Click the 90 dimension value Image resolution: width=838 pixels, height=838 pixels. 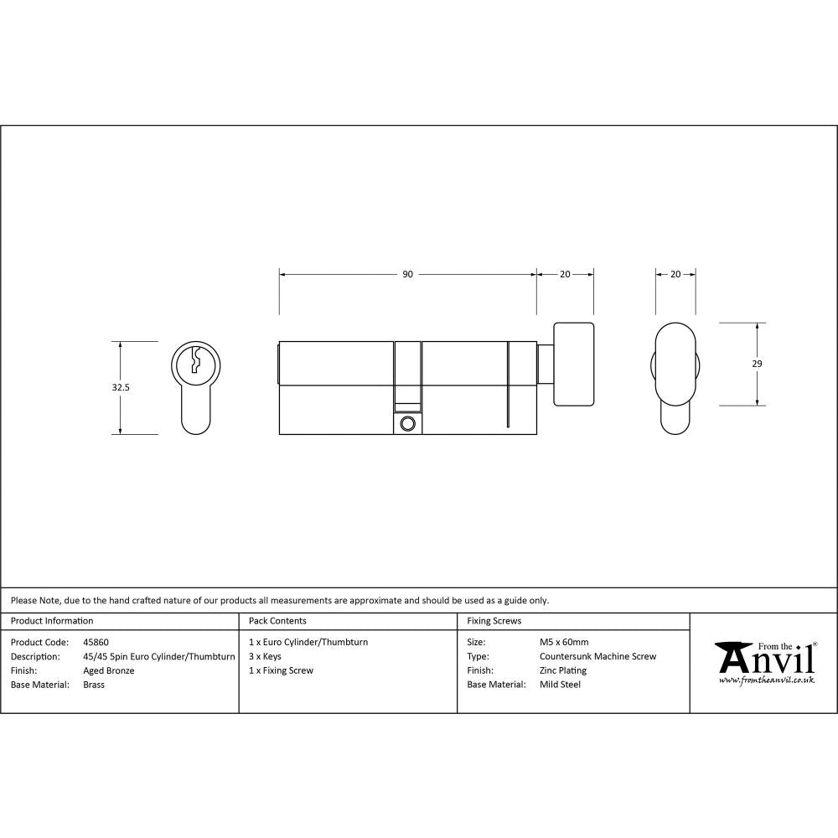[407, 274]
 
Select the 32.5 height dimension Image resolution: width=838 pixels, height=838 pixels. [121, 388]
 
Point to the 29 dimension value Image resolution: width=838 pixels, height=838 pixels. [758, 364]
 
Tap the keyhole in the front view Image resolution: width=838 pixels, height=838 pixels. [197, 360]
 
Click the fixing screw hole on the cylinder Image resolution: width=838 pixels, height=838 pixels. [408, 424]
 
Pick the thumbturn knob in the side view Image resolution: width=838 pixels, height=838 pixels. [573, 365]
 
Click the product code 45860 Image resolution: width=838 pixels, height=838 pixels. [96, 642]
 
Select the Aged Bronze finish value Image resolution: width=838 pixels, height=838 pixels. [109, 670]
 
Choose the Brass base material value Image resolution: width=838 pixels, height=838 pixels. [94, 685]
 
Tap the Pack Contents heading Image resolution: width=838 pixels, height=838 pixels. [277, 621]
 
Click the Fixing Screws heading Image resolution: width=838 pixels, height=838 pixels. [494, 621]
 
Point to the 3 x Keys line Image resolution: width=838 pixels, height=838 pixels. [265, 656]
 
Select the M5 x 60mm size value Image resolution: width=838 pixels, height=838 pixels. [564, 642]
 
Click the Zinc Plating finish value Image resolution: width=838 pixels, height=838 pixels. [562, 670]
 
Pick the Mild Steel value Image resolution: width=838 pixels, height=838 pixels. [560, 685]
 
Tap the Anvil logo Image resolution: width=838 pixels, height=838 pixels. [765, 662]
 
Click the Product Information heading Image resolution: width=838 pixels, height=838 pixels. [52, 621]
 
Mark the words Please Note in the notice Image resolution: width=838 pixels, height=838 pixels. [34, 600]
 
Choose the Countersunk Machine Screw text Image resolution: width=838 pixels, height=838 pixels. [597, 656]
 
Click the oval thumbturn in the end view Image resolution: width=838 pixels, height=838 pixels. [675, 365]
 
